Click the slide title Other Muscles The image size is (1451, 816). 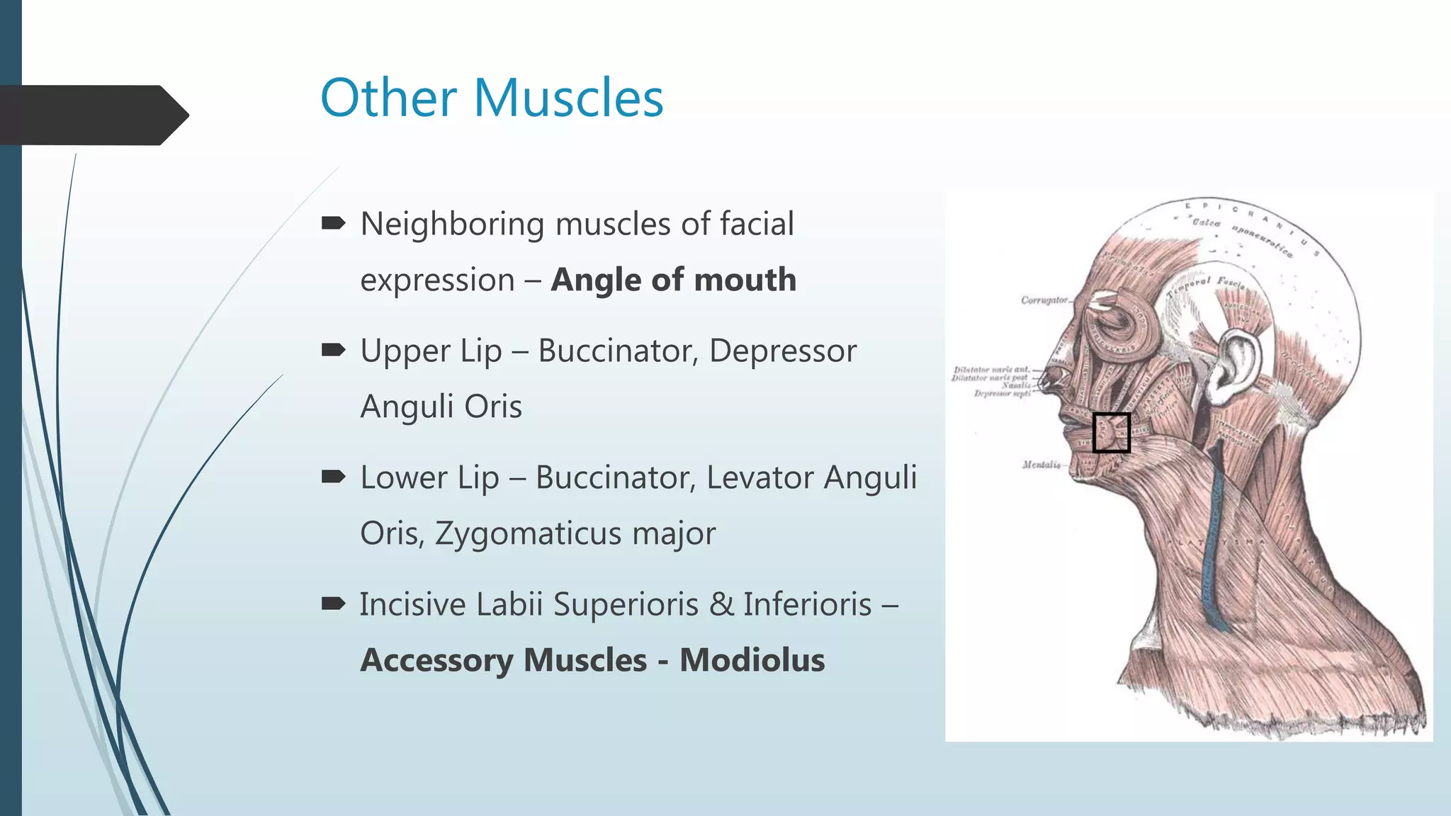[x=492, y=98]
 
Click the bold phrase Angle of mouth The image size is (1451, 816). [x=674, y=280]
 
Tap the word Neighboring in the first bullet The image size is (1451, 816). [x=452, y=225]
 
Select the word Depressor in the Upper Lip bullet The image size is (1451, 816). [x=782, y=351]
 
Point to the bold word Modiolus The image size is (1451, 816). [x=752, y=660]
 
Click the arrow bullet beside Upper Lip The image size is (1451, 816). [x=333, y=349]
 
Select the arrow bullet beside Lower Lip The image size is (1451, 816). [x=333, y=476]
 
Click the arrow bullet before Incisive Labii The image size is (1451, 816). [x=333, y=603]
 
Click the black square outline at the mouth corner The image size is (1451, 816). [x=1111, y=433]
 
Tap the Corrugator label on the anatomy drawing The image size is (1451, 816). [x=1044, y=300]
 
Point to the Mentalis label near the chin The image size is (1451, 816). [x=1041, y=465]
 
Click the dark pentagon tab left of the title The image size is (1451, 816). [x=92, y=115]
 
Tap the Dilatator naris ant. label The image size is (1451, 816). [x=991, y=370]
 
